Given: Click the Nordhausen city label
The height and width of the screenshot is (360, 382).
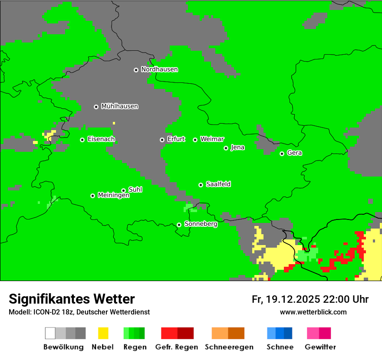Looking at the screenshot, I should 159,69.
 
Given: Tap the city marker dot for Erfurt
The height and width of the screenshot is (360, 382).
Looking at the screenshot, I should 162,140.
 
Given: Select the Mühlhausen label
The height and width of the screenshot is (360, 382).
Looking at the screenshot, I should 119,106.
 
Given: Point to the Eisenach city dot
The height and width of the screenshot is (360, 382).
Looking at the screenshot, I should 82,140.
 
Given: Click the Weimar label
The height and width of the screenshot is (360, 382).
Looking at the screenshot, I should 212,139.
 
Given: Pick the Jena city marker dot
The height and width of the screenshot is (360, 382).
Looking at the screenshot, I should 226,148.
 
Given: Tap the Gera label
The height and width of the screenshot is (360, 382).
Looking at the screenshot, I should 294,153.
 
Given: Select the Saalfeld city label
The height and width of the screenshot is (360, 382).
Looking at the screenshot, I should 218,184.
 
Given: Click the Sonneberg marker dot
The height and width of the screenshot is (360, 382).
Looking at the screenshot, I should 179,225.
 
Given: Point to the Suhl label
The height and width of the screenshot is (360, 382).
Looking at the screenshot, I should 135,190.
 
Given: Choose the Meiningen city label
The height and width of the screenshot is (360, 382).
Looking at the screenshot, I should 113,196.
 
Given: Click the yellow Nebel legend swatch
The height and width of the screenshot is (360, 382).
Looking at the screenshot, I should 103,333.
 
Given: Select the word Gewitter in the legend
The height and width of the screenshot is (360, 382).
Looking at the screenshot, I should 320,347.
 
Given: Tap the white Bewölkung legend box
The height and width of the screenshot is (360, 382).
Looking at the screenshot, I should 50,333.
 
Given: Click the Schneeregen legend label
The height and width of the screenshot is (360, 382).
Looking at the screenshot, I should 229,347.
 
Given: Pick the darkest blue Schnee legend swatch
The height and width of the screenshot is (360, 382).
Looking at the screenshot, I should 288,333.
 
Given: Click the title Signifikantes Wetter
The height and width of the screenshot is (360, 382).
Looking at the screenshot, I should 72,299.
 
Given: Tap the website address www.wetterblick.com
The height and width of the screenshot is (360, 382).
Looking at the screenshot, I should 313,312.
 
